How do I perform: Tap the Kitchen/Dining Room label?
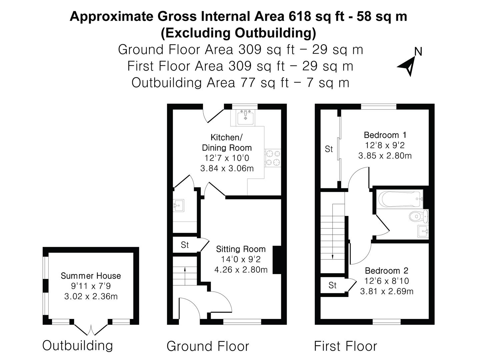click(x=227, y=142)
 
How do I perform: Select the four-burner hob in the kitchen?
click(x=273, y=158)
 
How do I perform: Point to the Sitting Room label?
click(x=241, y=249)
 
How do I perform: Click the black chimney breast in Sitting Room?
click(x=277, y=260)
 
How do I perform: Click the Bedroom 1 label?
click(x=385, y=135)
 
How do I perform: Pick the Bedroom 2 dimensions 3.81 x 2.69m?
click(x=387, y=291)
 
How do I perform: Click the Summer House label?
click(x=91, y=276)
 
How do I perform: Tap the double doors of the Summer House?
click(x=91, y=329)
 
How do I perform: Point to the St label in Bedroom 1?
click(x=329, y=149)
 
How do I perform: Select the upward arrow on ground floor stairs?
click(x=185, y=269)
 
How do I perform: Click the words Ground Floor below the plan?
click(x=208, y=346)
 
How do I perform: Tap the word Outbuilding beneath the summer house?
click(x=77, y=345)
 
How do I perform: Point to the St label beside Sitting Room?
click(x=185, y=245)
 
